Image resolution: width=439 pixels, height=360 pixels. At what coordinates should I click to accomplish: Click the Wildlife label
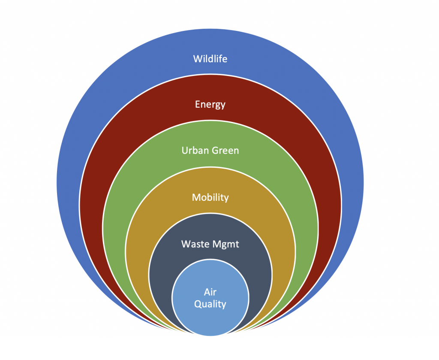point(210,58)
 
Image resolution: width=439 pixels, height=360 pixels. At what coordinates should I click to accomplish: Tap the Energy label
point(210,104)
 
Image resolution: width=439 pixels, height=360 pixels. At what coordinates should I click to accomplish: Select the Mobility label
point(210,197)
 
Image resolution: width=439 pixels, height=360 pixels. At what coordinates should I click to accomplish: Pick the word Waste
point(195,244)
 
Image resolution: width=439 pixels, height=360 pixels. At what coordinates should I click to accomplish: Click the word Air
point(210,293)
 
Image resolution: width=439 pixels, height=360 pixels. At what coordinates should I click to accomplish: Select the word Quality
point(210,304)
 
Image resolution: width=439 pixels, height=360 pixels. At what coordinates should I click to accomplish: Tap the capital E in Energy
point(198,104)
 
